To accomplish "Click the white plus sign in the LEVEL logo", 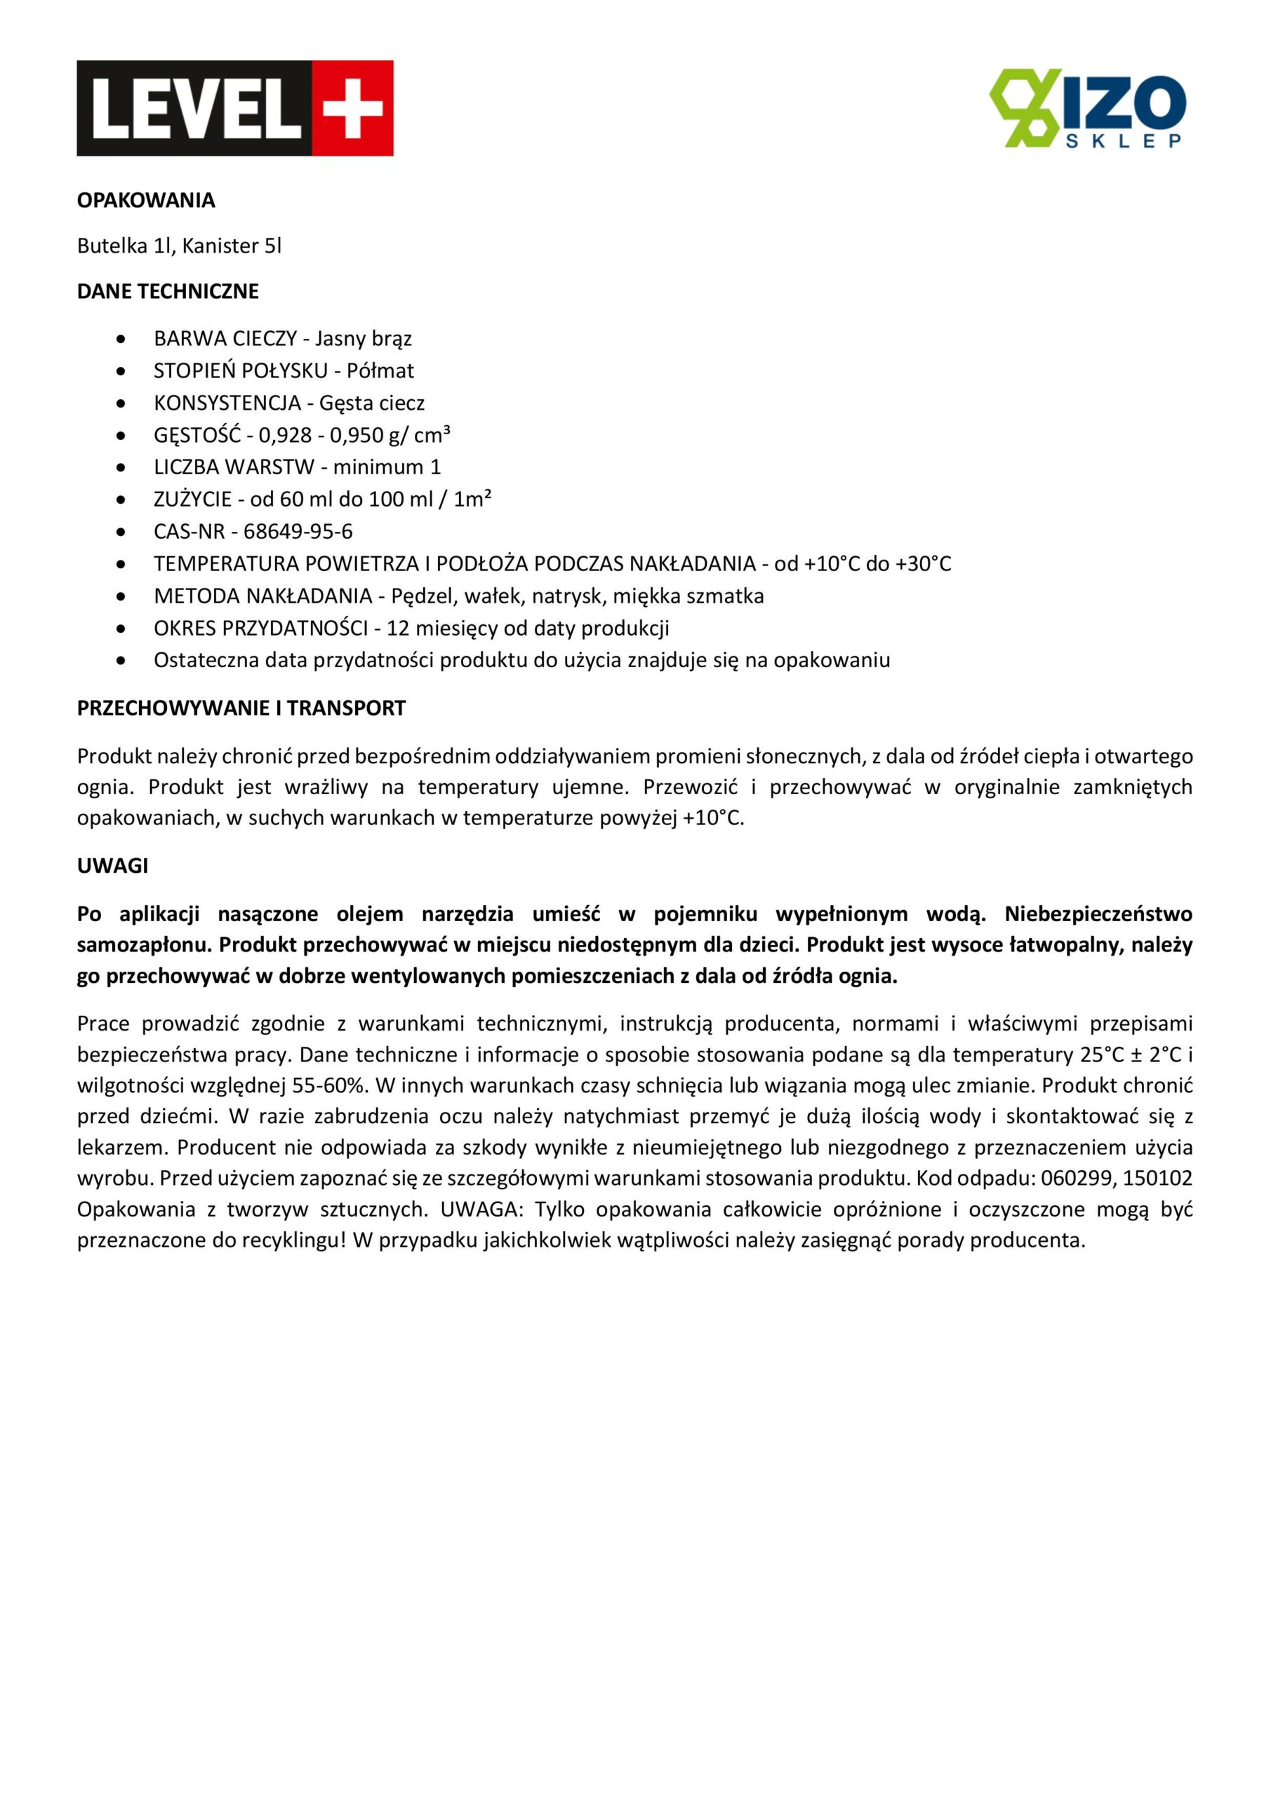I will tap(352, 108).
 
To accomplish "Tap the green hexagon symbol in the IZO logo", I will tap(1024, 108).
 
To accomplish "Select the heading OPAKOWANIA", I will tap(145, 200).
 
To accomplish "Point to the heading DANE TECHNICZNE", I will tap(168, 292).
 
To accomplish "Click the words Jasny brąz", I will tap(363, 339).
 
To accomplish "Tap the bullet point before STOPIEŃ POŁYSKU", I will tap(121, 371).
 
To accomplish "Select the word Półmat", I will tap(380, 371).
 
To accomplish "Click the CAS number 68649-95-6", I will tap(298, 532).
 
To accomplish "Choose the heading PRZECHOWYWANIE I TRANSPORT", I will tap(241, 709).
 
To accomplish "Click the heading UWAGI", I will tap(112, 866).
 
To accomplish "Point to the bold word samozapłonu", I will tap(143, 946).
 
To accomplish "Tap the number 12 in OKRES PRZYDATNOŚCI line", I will tap(397, 628).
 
